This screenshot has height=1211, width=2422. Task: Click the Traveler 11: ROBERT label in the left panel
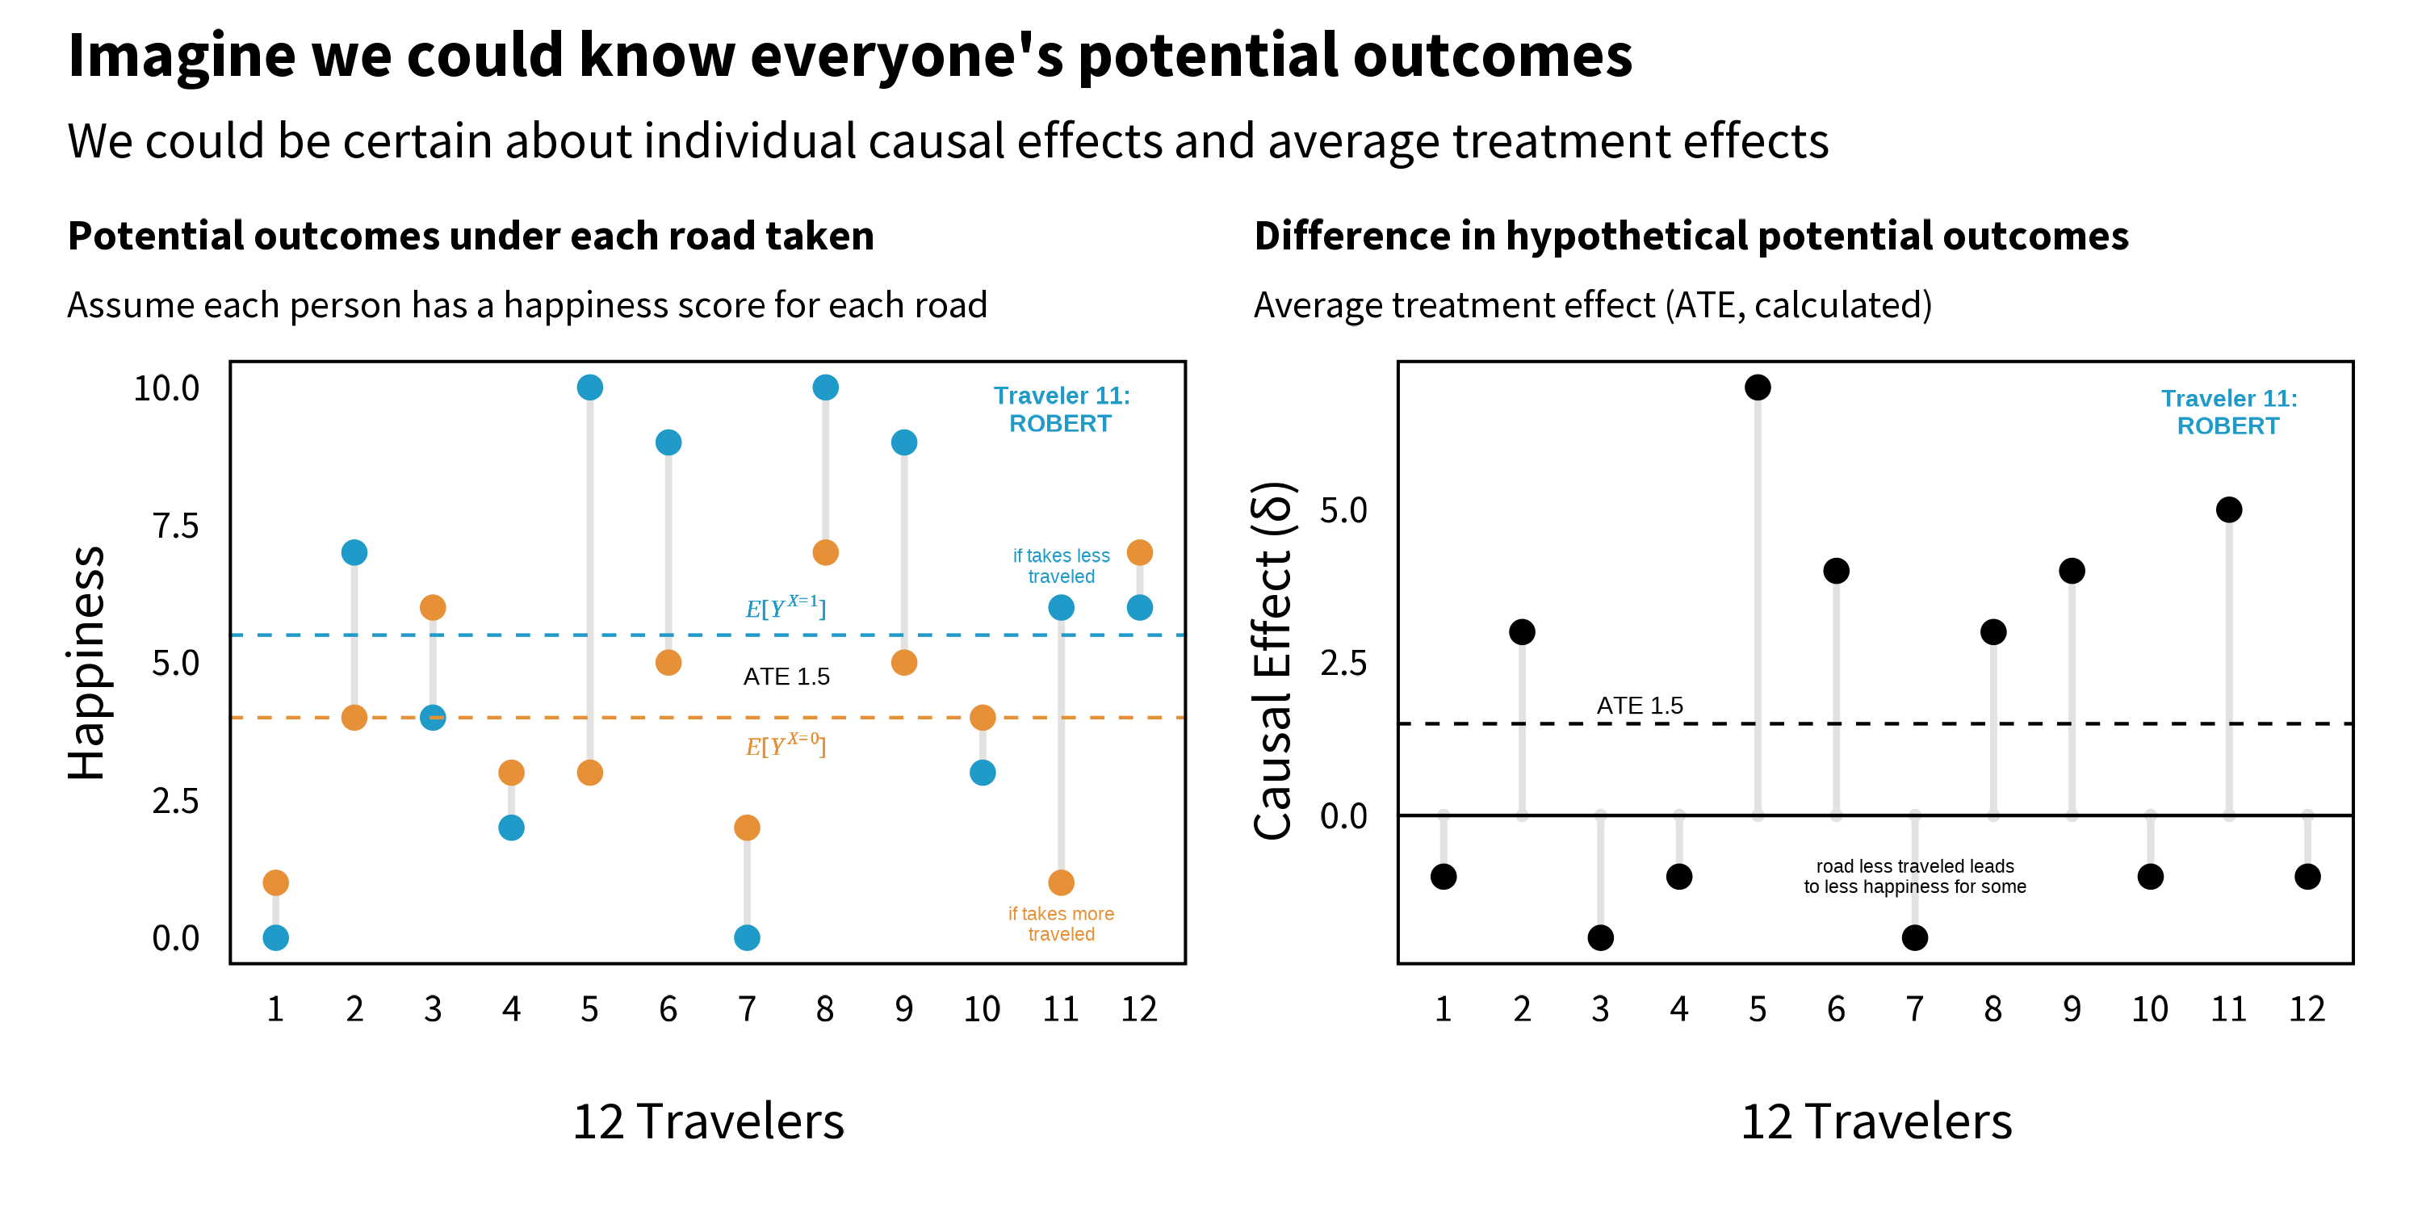[x=1061, y=410]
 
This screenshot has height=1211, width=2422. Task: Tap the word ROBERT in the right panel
[x=2227, y=427]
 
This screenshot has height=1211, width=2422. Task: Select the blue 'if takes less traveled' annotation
[x=1061, y=566]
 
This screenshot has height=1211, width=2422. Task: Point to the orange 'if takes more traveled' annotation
[x=1061, y=924]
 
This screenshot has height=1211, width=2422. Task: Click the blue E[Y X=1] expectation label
[x=785, y=607]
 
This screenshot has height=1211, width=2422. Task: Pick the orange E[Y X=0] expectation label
[x=785, y=746]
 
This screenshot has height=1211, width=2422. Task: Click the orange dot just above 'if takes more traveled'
[x=1061, y=883]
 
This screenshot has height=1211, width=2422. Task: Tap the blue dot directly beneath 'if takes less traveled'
[x=1061, y=607]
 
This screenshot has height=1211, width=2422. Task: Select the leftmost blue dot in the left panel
[x=275, y=937]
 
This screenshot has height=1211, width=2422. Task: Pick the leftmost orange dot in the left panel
[x=275, y=883]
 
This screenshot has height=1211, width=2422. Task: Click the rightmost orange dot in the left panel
[x=1139, y=553]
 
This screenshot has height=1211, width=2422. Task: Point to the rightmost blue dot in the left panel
[x=1139, y=607]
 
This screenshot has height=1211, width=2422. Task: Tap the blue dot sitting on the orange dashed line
[x=433, y=718]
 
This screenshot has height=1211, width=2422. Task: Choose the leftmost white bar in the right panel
[x=1444, y=840]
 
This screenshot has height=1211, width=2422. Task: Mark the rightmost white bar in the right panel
[x=2307, y=840]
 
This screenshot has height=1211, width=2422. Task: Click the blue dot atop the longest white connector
[x=589, y=388]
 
